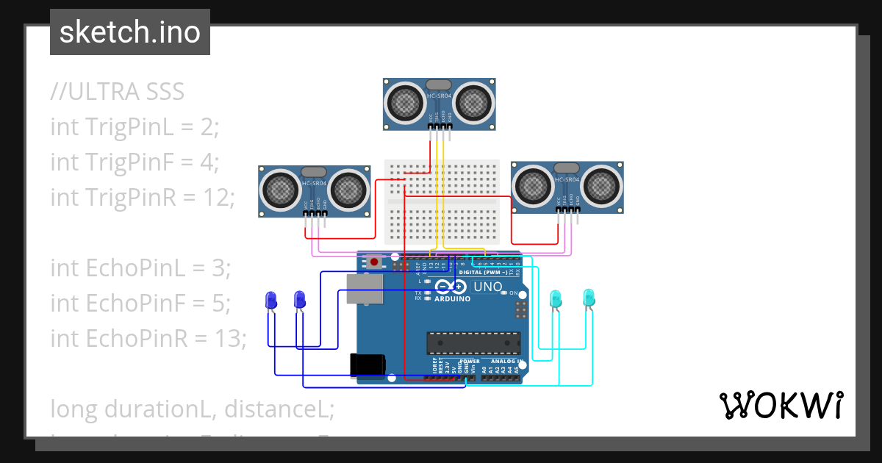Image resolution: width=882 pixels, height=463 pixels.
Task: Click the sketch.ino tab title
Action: point(129,32)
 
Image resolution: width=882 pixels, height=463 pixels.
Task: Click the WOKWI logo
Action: point(781,406)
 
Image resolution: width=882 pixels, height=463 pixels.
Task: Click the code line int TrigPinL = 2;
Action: point(135,126)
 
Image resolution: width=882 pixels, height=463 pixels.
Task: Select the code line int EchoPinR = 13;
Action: point(148,338)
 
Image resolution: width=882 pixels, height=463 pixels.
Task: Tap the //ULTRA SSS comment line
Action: point(117,92)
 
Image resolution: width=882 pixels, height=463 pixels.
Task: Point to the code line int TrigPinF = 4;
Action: point(135,162)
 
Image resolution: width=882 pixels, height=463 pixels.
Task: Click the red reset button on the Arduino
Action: point(375,262)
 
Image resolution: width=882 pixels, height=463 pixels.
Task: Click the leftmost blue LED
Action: point(270,300)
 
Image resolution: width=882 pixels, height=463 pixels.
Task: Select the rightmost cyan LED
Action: point(588,298)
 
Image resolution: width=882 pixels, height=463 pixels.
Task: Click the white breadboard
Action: point(442,202)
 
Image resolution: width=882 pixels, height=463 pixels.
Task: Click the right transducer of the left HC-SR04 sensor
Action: point(347,190)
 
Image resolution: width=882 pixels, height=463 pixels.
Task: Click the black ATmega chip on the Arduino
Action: point(474,343)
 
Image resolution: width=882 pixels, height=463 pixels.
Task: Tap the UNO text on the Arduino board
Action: point(487,287)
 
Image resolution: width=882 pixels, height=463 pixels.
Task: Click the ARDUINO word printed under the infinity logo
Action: point(452,299)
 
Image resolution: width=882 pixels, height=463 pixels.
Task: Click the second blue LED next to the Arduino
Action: point(299,300)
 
